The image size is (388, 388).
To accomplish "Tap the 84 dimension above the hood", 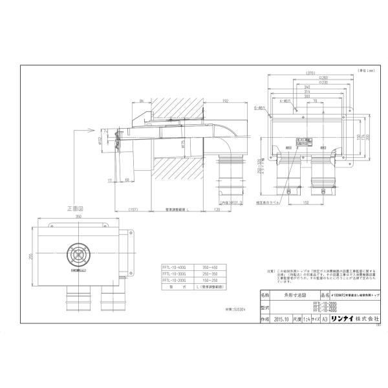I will (140, 102).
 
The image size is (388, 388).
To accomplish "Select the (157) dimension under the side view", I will (134, 210).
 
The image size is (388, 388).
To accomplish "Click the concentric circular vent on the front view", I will (80, 255).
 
